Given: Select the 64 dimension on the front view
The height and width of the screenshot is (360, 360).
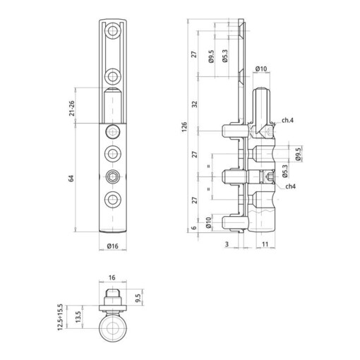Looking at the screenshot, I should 72,179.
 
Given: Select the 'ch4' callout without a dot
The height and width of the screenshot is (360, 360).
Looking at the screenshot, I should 289,186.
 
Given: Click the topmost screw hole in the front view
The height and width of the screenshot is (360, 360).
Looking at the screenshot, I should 112,31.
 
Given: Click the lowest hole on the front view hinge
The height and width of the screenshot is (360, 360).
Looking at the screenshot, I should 112,199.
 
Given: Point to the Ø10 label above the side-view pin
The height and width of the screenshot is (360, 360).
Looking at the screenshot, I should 260,69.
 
